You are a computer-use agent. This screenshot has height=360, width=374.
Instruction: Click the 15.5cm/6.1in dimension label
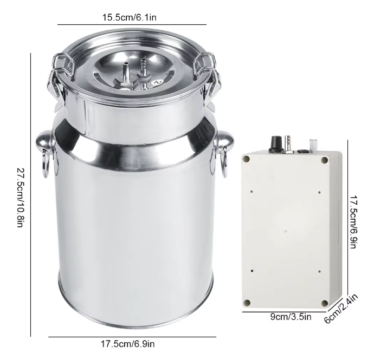click(130, 17)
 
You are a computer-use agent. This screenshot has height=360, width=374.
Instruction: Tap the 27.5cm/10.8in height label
click(20, 198)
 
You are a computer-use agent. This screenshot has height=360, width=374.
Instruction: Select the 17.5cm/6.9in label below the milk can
click(127, 344)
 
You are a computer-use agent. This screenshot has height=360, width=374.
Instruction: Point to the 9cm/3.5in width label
click(291, 317)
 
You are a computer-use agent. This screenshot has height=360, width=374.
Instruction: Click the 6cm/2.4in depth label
click(341, 309)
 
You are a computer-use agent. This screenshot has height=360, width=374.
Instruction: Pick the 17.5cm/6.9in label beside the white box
click(353, 222)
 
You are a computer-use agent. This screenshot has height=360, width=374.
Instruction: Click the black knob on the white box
click(276, 143)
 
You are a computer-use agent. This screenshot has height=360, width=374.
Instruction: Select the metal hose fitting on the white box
click(288, 145)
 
